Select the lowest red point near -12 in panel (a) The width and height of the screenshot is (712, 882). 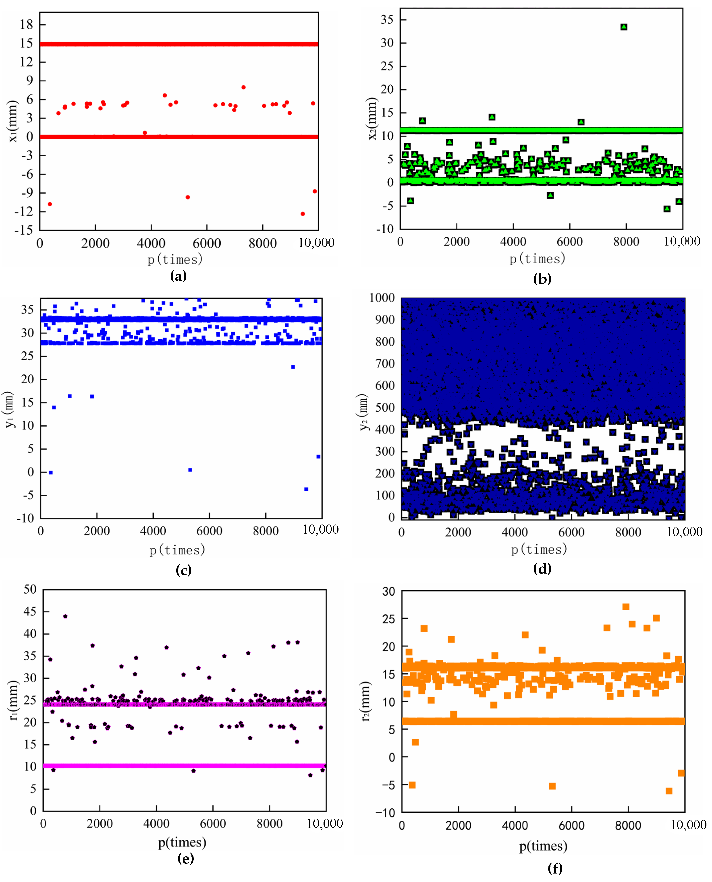tap(303, 214)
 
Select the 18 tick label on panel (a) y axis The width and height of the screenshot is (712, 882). tap(26, 25)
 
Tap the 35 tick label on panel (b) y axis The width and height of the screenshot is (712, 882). tap(387, 20)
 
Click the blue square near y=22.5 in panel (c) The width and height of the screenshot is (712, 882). tap(293, 367)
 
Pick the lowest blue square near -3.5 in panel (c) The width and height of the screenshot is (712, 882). tap(306, 489)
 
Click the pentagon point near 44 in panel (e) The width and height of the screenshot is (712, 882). tap(65, 616)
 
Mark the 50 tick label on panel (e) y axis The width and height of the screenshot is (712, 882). tap(30, 589)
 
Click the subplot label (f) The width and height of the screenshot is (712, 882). tap(555, 868)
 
